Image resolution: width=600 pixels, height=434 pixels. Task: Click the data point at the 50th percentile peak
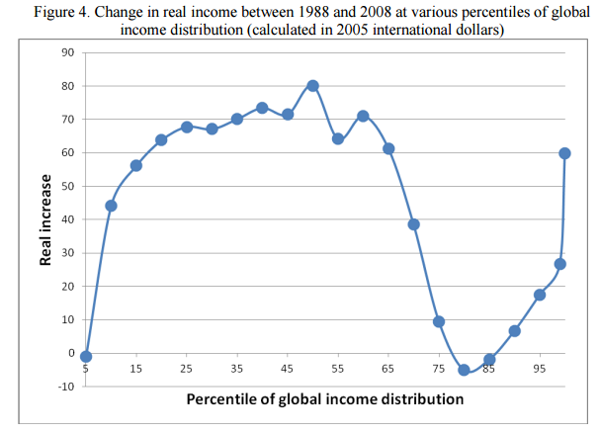coord(312,86)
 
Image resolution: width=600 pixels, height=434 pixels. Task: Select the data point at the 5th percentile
coord(86,356)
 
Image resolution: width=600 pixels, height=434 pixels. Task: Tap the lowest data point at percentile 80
coord(464,370)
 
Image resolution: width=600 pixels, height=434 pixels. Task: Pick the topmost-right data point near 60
coord(564,153)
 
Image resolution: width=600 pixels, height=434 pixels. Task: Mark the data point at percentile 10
coord(111,206)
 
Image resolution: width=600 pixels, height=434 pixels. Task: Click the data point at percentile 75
coord(438,321)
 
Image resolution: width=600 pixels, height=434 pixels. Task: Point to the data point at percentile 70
coord(413,224)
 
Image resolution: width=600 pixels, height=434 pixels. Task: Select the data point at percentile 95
coord(540,295)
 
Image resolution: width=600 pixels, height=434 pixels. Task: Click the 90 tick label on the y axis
coord(67,52)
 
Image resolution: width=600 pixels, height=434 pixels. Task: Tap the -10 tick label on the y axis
coord(64,386)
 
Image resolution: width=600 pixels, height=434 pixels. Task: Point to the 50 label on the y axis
coord(67,186)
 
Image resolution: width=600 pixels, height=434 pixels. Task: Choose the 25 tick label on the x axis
coord(186,369)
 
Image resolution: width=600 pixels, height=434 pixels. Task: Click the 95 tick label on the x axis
coord(540,369)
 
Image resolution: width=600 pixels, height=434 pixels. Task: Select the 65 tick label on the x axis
coord(387,369)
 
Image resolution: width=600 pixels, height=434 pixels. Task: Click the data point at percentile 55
coord(337,138)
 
